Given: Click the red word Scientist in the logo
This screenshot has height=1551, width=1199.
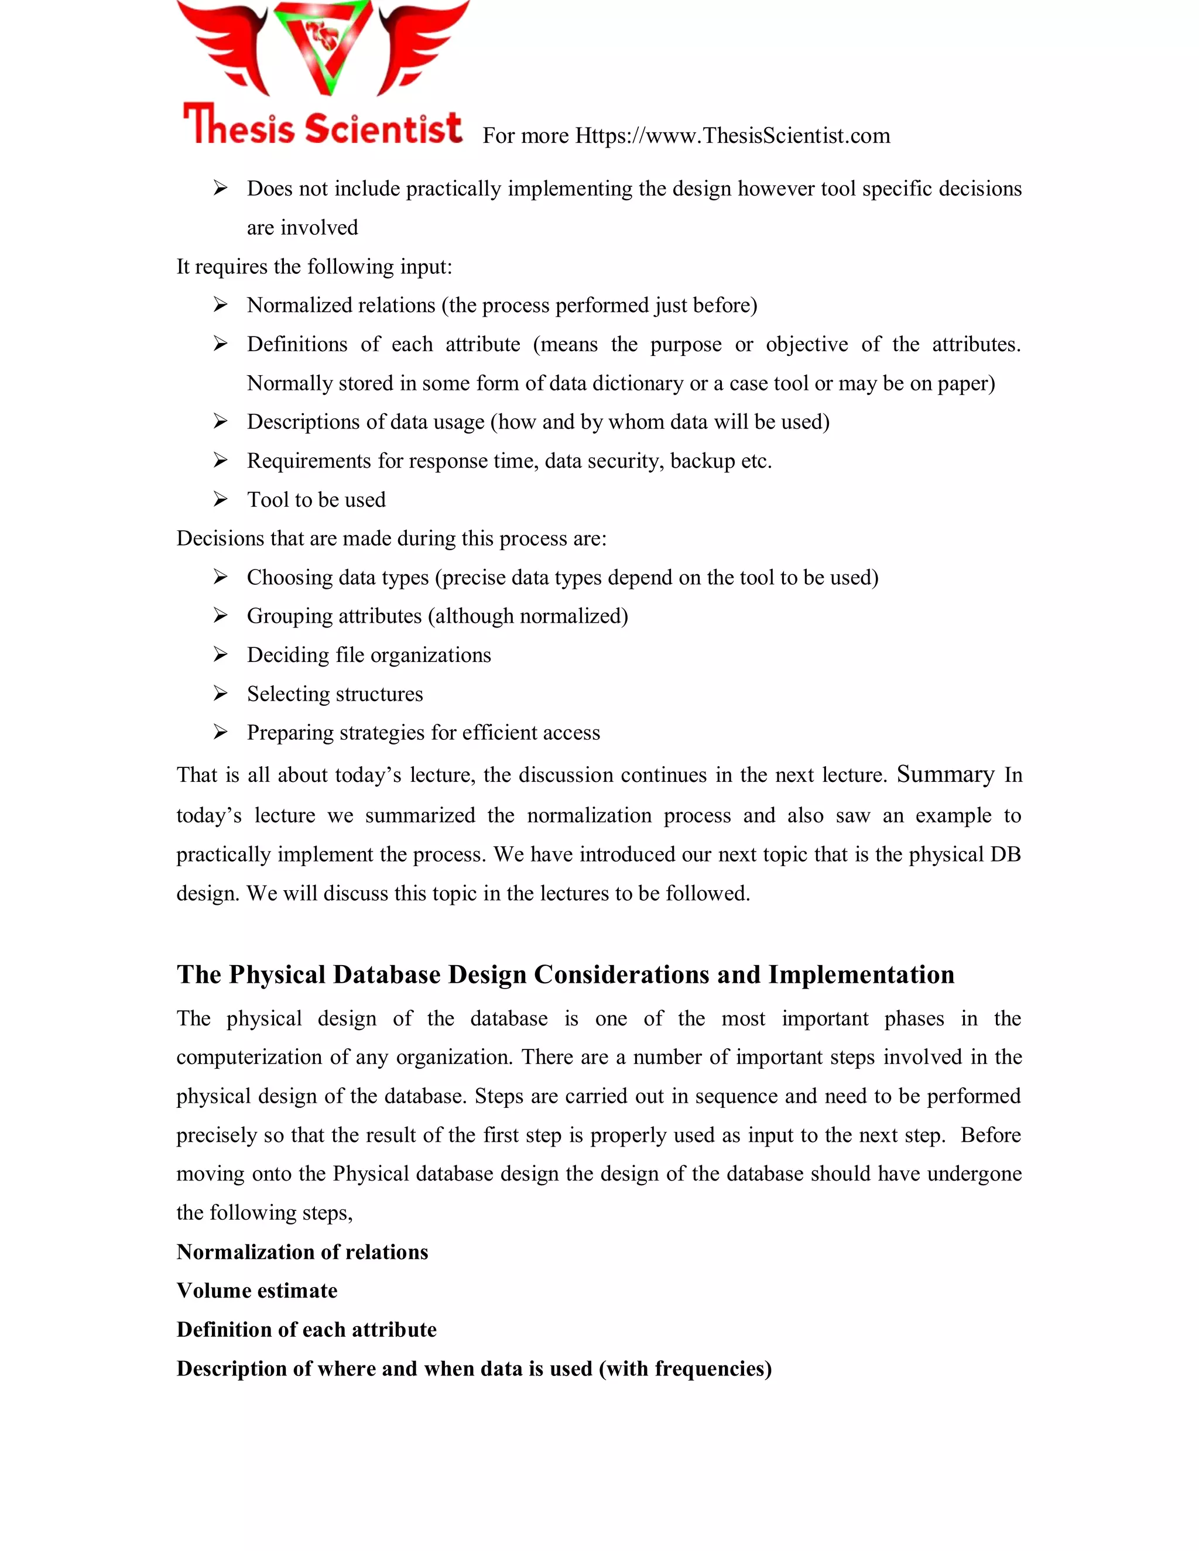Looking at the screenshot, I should (384, 129).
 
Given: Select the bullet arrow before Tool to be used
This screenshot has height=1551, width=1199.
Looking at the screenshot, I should (220, 499).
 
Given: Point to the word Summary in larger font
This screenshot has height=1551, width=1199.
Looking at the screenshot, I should (945, 774).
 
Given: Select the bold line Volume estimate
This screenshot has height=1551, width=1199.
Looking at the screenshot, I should (257, 1291).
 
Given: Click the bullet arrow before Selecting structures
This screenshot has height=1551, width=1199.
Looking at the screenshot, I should (220, 693).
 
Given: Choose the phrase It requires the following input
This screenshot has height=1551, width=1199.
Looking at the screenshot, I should (314, 267).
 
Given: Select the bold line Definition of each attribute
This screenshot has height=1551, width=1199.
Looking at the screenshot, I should (306, 1329).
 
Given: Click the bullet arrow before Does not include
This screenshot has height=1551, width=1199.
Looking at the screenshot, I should (220, 188).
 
